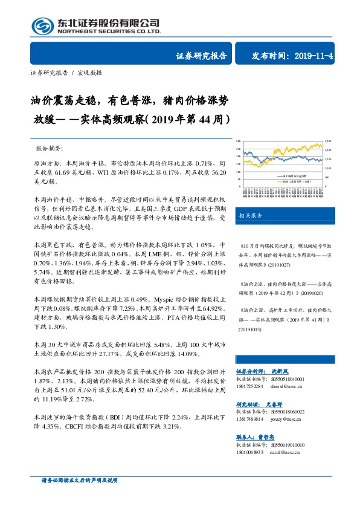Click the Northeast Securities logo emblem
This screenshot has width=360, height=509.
click(42, 25)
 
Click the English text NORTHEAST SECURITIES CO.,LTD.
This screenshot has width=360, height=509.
click(109, 31)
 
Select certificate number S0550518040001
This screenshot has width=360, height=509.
click(287, 378)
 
